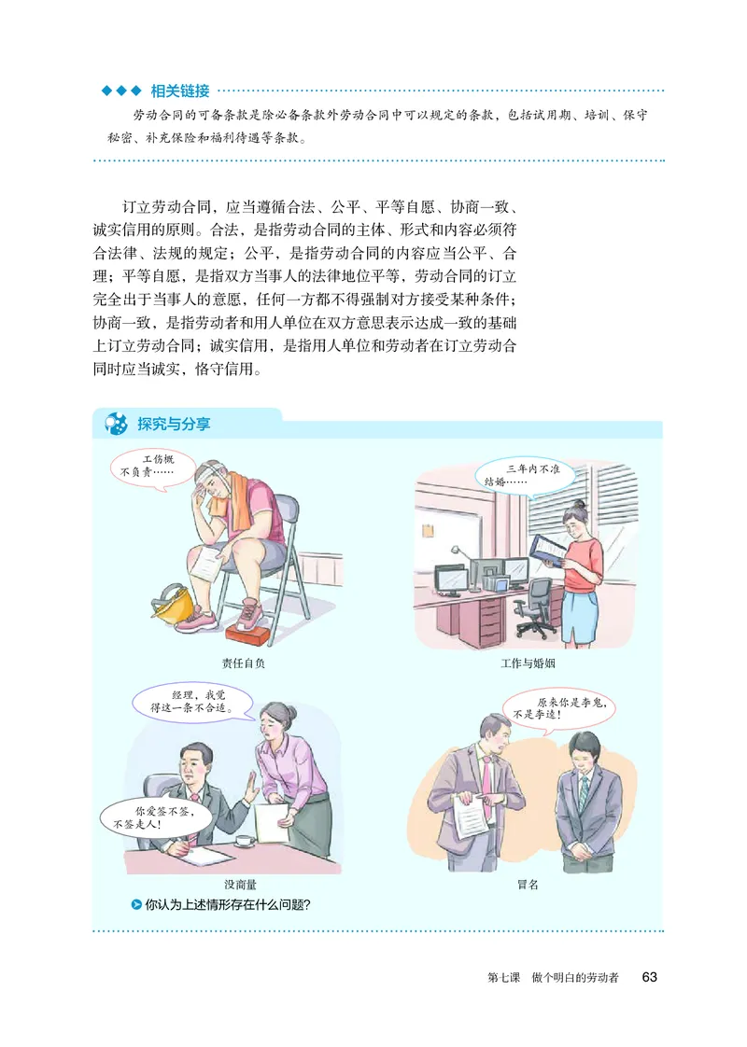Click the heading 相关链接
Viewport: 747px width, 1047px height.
point(180,91)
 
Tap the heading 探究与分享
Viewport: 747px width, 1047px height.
point(173,424)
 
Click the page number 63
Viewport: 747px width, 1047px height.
point(650,977)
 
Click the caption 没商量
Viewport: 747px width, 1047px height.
point(241,883)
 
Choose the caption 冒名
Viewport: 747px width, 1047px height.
point(529,883)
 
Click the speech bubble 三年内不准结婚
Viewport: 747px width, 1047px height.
point(519,475)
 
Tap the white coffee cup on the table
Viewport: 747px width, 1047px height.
point(245,839)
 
